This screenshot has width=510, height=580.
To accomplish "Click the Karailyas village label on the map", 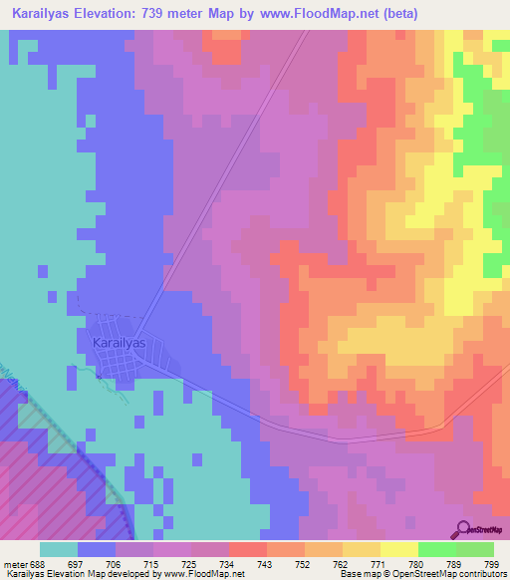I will coord(118,342).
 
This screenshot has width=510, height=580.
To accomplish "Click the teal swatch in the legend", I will coord(59,550).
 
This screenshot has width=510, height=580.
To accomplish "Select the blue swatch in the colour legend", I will coord(97,550).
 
